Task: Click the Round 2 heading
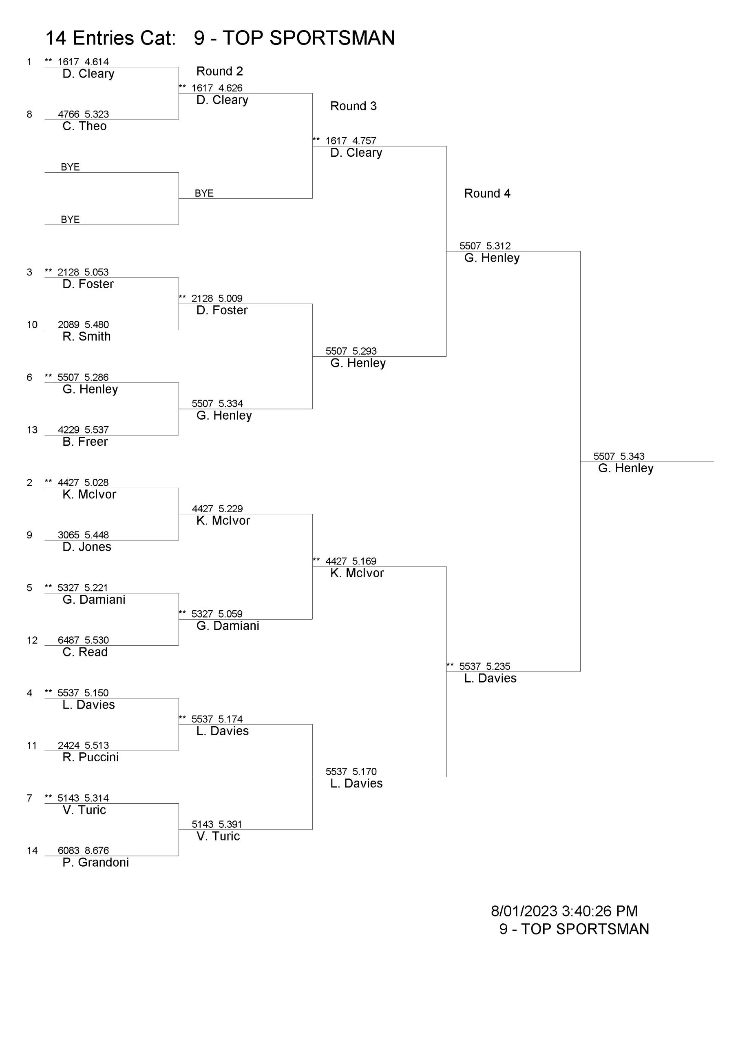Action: [220, 71]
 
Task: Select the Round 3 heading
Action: [354, 106]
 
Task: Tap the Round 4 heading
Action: [487, 193]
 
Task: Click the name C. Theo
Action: [84, 126]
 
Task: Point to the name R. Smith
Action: [86, 336]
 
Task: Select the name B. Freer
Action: [85, 442]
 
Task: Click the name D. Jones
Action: [87, 547]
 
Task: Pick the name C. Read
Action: [85, 652]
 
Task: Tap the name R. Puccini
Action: [91, 757]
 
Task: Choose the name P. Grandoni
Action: [95, 862]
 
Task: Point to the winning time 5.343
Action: [632, 456]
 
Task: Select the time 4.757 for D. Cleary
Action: [364, 141]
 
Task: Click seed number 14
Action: [32, 851]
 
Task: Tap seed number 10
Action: [32, 325]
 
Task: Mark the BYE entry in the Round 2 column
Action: [204, 193]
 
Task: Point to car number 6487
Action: [68, 640]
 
